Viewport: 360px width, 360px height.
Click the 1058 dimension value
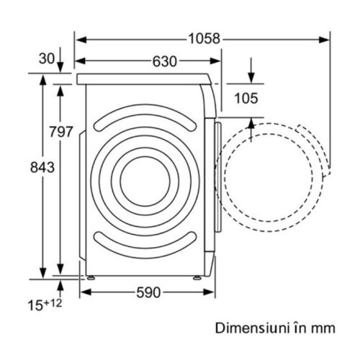tap(204, 39)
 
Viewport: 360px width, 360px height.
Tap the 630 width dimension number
tap(165, 61)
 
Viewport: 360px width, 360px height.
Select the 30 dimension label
tap(47, 58)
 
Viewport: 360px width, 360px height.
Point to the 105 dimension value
tap(246, 99)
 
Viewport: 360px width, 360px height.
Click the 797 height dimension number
tap(61, 132)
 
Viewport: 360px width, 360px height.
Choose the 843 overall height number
tap(42, 167)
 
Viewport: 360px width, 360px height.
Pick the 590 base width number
tap(148, 292)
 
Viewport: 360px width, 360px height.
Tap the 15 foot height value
tap(35, 305)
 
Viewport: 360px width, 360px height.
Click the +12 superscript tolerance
tap(53, 303)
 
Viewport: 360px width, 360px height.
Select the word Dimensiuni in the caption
tap(252, 328)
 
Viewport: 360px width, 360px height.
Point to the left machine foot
tap(91, 278)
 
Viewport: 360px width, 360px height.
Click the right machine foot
tap(197, 278)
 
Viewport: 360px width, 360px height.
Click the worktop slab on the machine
tap(144, 79)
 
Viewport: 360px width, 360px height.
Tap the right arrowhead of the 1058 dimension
tap(325, 40)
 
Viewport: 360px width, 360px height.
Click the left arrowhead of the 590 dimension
tap(86, 292)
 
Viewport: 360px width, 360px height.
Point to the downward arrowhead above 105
tap(251, 78)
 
